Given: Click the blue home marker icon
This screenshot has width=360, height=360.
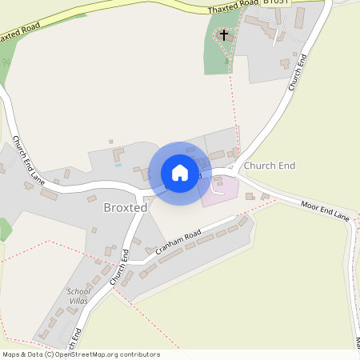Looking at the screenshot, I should pyautogui.click(x=179, y=173).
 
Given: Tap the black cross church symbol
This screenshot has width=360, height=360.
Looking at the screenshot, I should pyautogui.click(x=224, y=35).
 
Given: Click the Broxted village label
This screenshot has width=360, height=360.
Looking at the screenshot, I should pyautogui.click(x=126, y=207).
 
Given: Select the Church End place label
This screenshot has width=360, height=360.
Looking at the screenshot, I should pyautogui.click(x=270, y=166).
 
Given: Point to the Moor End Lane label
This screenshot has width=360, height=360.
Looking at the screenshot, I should pyautogui.click(x=326, y=210).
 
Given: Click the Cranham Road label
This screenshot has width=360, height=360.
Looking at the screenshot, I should pyautogui.click(x=178, y=243).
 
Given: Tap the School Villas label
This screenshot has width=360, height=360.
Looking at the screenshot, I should pyautogui.click(x=79, y=295).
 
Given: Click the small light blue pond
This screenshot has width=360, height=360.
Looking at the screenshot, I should pyautogui.click(x=118, y=165).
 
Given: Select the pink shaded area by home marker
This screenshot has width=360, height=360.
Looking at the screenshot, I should pyautogui.click(x=221, y=191).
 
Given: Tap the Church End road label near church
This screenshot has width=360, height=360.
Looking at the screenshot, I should pyautogui.click(x=298, y=71).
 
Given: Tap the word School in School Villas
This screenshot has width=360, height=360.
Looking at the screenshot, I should pyautogui.click(x=79, y=290).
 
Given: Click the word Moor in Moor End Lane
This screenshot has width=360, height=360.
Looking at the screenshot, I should pyautogui.click(x=310, y=206).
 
